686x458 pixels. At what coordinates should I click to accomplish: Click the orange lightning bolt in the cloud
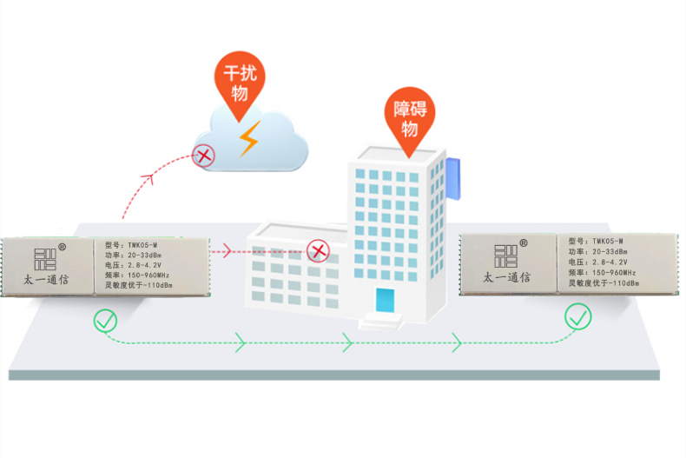pyautogui.click(x=249, y=139)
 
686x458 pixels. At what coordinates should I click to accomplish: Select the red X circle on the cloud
pyautogui.click(x=203, y=156)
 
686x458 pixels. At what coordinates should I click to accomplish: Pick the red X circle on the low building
pyautogui.click(x=318, y=251)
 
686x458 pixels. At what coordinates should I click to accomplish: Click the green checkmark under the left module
pyautogui.click(x=105, y=321)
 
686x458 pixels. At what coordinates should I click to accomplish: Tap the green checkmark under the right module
pyautogui.click(x=577, y=316)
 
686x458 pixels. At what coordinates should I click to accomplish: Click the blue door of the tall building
pyautogui.click(x=385, y=301)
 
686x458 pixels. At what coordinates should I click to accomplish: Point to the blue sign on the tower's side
pyautogui.click(x=453, y=179)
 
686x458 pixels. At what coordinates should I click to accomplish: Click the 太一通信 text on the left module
pyautogui.click(x=46, y=279)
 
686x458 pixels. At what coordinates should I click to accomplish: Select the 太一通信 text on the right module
pyautogui.click(x=506, y=277)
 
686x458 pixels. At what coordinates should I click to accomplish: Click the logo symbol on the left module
pyautogui.click(x=45, y=259)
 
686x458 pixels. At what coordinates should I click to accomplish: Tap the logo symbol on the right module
pyautogui.click(x=505, y=256)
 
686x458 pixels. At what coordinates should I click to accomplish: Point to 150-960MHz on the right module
pyautogui.click(x=614, y=272)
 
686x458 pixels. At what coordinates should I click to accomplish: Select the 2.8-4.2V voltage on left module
pyautogui.click(x=144, y=265)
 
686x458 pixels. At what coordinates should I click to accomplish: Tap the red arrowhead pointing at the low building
pyautogui.click(x=227, y=251)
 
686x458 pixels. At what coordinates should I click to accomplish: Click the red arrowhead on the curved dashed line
pyautogui.click(x=148, y=178)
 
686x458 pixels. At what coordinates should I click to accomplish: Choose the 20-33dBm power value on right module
pyautogui.click(x=610, y=252)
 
